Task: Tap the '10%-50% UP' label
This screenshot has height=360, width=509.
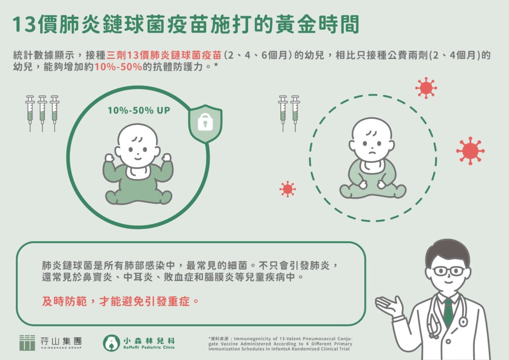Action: tap(139, 110)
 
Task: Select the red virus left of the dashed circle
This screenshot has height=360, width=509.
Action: tap(287, 189)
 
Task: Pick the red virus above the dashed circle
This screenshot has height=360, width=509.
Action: tap(425, 88)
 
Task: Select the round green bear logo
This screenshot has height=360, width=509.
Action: tap(111, 343)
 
